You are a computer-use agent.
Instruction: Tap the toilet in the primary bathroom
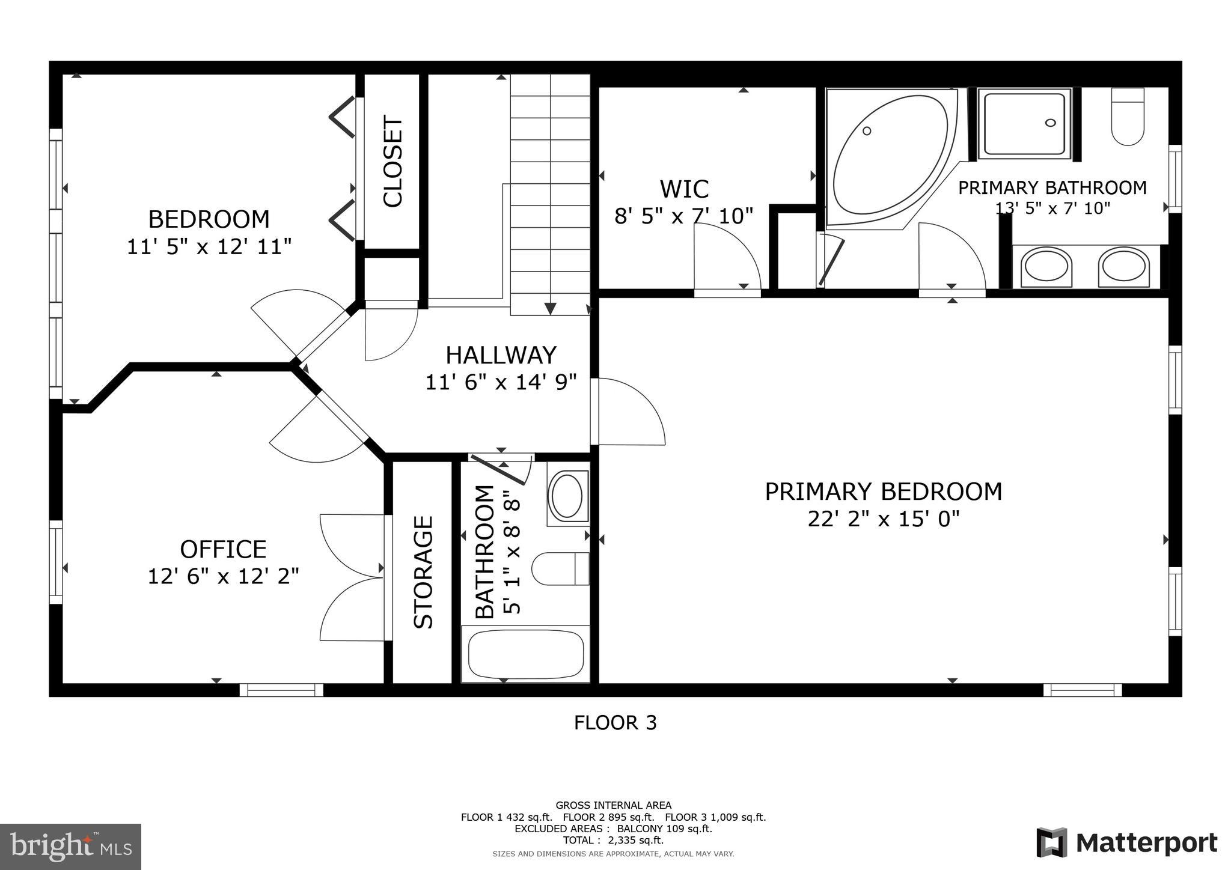(x=1127, y=117)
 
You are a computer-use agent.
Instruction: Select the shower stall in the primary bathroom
(x=1024, y=124)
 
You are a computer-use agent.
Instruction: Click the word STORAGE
(x=424, y=572)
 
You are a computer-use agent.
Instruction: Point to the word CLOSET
(x=393, y=161)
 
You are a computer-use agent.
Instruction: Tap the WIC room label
(x=684, y=189)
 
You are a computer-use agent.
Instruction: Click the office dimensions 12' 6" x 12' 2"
(x=224, y=577)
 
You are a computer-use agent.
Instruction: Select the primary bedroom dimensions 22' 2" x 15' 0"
(x=883, y=519)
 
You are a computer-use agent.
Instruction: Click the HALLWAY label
(x=501, y=356)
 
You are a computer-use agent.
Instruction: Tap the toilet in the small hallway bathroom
(x=559, y=568)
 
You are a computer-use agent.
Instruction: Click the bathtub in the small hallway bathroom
(x=525, y=654)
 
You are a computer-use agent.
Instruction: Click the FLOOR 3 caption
(x=615, y=723)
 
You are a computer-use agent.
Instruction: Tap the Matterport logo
(x=1126, y=842)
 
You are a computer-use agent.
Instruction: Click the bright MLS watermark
(x=70, y=847)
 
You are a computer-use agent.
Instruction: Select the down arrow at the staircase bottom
(x=550, y=308)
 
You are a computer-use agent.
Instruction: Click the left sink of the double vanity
(x=1046, y=266)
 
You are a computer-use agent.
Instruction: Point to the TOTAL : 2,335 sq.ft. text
(x=613, y=840)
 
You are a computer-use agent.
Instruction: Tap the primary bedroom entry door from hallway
(x=628, y=412)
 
